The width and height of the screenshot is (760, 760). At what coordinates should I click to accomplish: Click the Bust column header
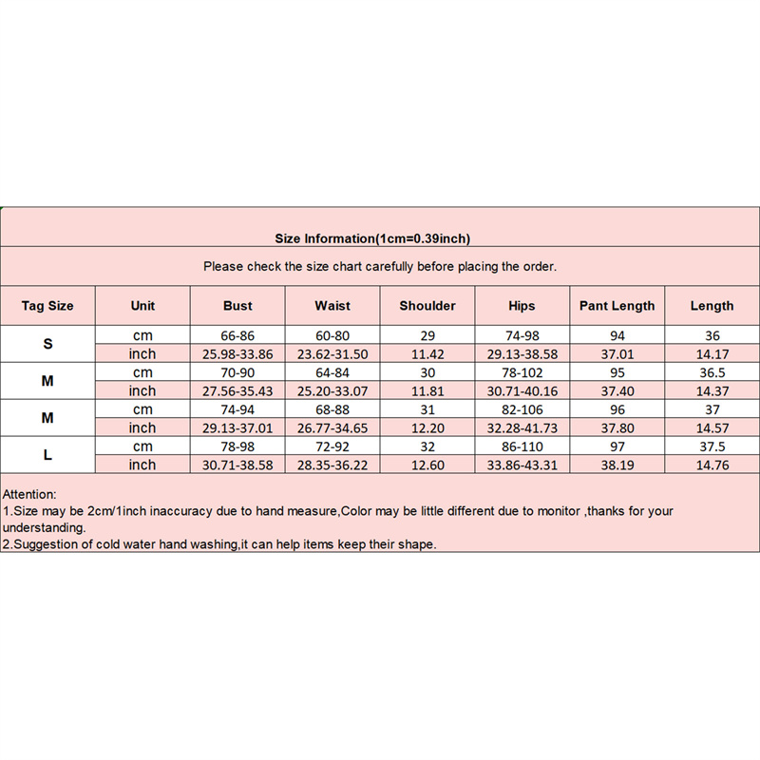[237, 306]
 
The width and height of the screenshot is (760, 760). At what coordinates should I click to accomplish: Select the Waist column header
[332, 306]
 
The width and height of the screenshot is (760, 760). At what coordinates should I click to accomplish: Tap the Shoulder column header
[427, 306]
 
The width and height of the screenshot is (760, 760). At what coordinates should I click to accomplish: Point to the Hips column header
[522, 306]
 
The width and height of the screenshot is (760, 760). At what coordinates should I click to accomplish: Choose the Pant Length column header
[617, 306]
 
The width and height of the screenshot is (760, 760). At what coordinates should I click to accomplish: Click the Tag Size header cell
[47, 306]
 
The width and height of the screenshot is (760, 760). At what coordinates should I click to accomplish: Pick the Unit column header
[142, 306]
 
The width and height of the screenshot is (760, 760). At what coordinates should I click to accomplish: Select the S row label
[47, 344]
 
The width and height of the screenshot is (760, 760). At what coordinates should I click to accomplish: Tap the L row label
[47, 455]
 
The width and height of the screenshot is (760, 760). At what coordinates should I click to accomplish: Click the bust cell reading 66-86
[237, 335]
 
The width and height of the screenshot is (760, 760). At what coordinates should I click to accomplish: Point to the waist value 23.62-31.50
[332, 353]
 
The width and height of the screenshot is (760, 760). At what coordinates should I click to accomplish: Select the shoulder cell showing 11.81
[427, 390]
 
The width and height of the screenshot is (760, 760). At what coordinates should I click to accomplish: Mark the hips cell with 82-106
[522, 409]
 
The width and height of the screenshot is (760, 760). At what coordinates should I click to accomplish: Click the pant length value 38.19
[617, 465]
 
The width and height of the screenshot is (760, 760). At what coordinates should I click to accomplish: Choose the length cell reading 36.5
[712, 372]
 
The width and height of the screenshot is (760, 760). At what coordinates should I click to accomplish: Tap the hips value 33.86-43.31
[522, 465]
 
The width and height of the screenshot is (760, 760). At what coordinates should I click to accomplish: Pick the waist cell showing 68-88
[332, 409]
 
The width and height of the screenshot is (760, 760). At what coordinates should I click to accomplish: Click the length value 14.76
[712, 465]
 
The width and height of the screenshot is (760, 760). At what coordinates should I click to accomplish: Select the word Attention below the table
[29, 495]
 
